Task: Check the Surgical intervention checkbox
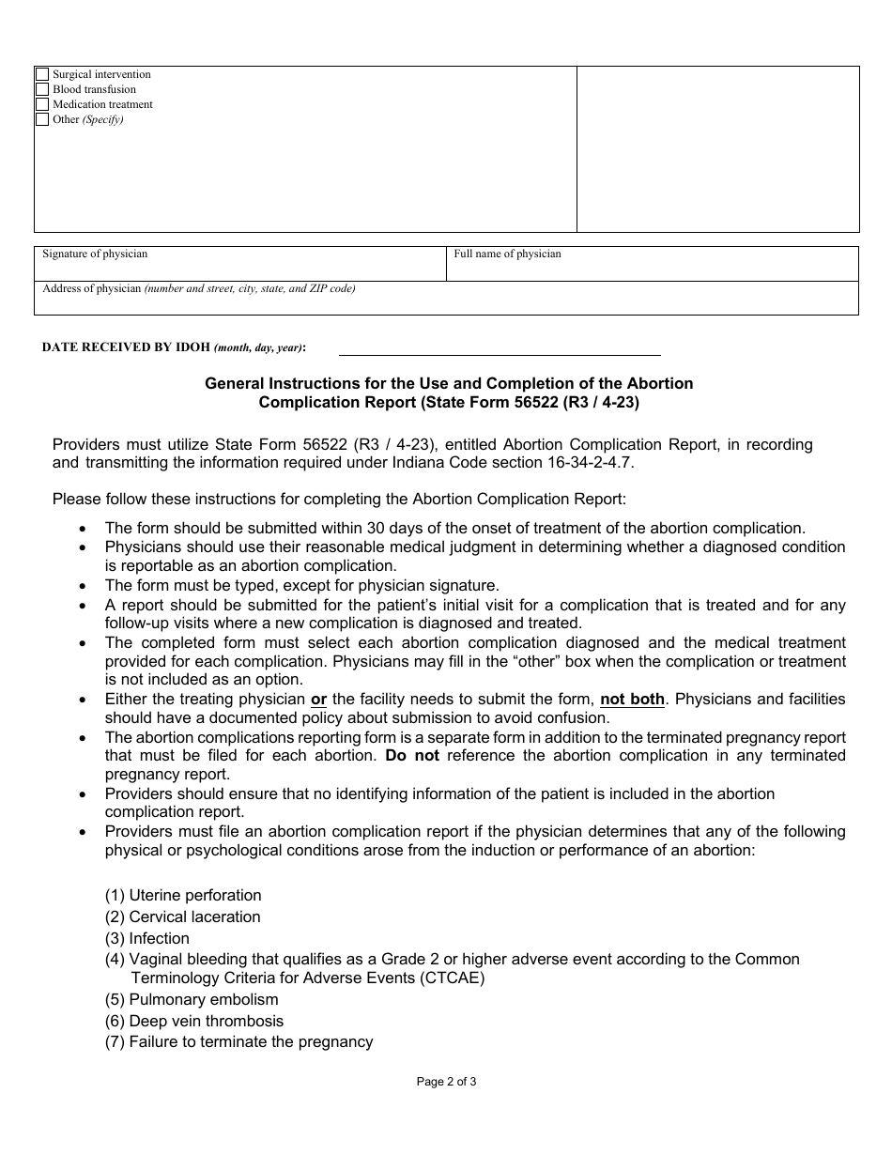pyautogui.click(x=42, y=74)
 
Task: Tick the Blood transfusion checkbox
pyautogui.click(x=42, y=89)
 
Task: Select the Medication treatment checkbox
pyautogui.click(x=42, y=104)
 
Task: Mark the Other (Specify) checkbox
pyautogui.click(x=42, y=119)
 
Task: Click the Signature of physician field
pyautogui.click(x=240, y=268)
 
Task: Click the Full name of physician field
pyautogui.click(x=652, y=268)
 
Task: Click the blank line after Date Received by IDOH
pyautogui.click(x=499, y=346)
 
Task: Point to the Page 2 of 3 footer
pyautogui.click(x=446, y=1081)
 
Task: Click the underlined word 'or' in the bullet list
pyautogui.click(x=318, y=699)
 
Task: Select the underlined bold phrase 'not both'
pyautogui.click(x=632, y=699)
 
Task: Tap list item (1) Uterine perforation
pyautogui.click(x=183, y=895)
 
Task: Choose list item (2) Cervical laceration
pyautogui.click(x=183, y=916)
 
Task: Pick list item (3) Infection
pyautogui.click(x=147, y=938)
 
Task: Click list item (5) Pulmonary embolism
pyautogui.click(x=192, y=999)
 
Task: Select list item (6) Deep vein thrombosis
pyautogui.click(x=194, y=1021)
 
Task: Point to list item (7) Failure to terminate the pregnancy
pyautogui.click(x=239, y=1041)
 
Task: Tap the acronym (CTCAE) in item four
pyautogui.click(x=454, y=978)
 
